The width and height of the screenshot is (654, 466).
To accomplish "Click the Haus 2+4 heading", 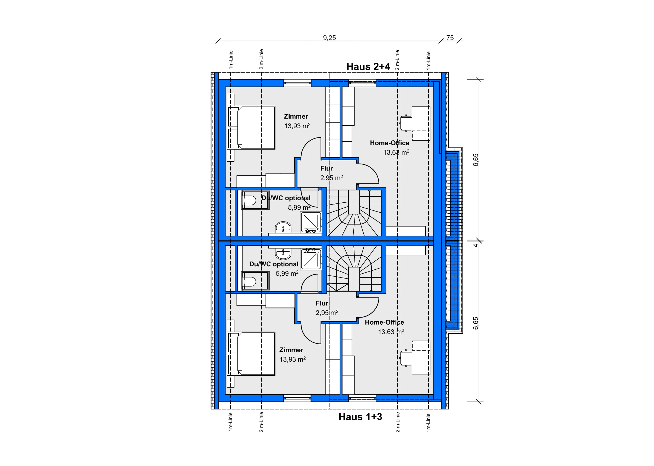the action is click(x=368, y=66).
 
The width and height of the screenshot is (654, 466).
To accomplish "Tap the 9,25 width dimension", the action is click(x=329, y=38).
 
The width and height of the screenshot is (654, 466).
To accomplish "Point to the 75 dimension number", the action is click(x=450, y=38).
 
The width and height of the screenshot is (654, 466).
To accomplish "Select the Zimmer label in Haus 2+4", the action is click(x=296, y=116).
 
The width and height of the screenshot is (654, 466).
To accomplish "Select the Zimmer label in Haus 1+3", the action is click(x=291, y=350).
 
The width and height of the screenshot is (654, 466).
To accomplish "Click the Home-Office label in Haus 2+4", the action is click(x=389, y=143).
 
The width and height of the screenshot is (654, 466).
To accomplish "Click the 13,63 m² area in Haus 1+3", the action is click(x=391, y=332).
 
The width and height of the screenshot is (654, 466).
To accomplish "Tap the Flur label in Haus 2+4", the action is click(x=326, y=168).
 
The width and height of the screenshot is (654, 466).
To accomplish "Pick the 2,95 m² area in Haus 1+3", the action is click(x=327, y=313).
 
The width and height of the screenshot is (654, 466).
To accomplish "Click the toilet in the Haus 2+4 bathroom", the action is click(x=249, y=200).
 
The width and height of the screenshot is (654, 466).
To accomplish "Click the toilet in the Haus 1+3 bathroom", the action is click(x=249, y=281).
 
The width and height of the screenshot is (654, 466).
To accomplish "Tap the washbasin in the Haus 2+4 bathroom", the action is click(x=283, y=227).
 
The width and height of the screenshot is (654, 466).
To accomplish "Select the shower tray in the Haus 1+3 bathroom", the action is click(x=311, y=259).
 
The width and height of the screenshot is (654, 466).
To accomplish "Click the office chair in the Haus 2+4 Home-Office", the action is click(x=406, y=123).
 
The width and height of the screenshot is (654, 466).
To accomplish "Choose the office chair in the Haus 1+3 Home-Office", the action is click(x=406, y=358).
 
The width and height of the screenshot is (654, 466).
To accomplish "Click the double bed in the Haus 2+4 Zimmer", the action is click(x=251, y=128).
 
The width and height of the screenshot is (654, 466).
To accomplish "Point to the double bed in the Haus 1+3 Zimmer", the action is click(x=251, y=353).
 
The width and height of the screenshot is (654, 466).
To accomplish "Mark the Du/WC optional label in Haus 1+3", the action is click(x=274, y=264).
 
